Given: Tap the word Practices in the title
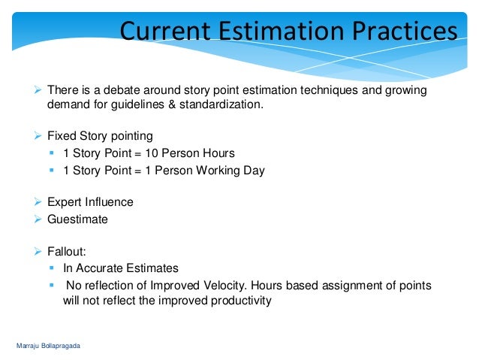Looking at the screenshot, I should click(x=400, y=32).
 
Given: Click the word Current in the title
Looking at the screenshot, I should click(x=164, y=32).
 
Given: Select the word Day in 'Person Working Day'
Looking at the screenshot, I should click(x=254, y=170).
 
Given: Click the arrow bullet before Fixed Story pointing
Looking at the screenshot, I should click(x=40, y=136).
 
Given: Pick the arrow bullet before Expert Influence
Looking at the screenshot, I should click(x=40, y=202).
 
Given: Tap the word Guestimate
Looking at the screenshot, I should click(x=77, y=219).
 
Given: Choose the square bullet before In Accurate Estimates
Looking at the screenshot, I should click(x=53, y=268).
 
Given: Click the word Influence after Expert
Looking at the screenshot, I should click(x=108, y=202).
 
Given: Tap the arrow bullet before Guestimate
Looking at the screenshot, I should click(x=40, y=219).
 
